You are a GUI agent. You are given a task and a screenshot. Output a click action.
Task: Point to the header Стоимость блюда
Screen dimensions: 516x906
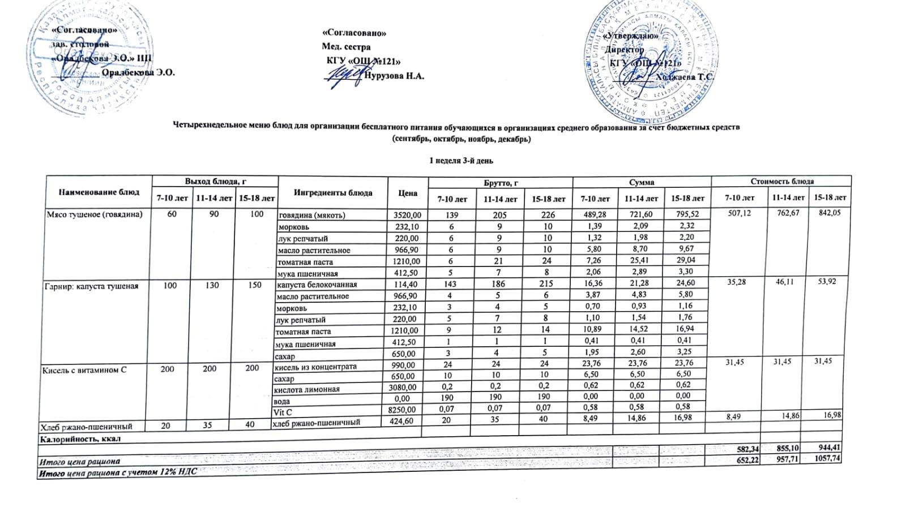click(x=781, y=182)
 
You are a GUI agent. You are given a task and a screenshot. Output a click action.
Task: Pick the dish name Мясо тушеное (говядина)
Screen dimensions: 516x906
click(x=94, y=214)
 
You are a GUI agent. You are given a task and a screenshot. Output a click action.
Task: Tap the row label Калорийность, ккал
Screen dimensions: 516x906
click(x=79, y=438)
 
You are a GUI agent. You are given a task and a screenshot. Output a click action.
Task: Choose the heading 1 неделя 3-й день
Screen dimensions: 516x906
click(x=461, y=161)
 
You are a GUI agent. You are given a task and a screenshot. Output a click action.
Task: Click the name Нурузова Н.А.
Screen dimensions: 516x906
click(x=395, y=76)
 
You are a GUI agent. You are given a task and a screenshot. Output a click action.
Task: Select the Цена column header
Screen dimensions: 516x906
click(x=408, y=193)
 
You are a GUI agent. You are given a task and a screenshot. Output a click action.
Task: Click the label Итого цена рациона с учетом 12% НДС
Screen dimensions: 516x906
click(x=117, y=473)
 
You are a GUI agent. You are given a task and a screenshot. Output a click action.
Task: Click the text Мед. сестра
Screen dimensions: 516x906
click(x=346, y=47)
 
